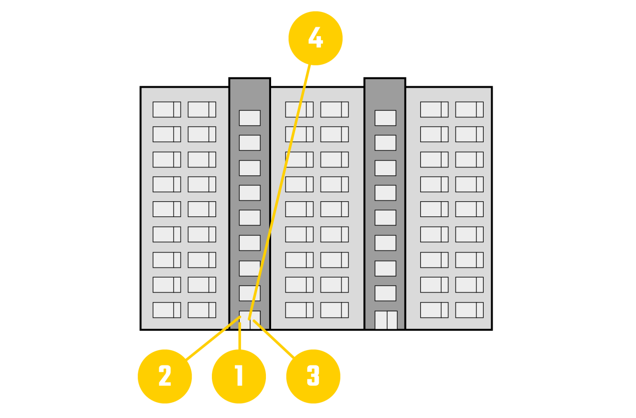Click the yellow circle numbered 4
[x=316, y=38]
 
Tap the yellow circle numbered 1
[x=239, y=376]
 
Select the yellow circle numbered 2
[x=165, y=376]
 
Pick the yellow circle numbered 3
[x=313, y=376]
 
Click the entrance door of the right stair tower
[x=386, y=320]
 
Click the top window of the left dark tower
[x=250, y=118]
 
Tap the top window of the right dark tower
[x=385, y=118]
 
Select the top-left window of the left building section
[x=167, y=110]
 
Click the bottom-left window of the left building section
[x=167, y=310]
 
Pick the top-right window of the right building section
[x=469, y=110]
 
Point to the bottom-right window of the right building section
[x=469, y=310]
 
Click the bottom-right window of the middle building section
[x=334, y=310]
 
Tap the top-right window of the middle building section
[x=334, y=110]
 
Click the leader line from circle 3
[x=274, y=339]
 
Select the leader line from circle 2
[x=213, y=338]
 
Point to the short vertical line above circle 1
[x=240, y=336]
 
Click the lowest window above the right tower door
[x=385, y=293]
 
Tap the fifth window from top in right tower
[x=385, y=218]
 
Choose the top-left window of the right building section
[x=434, y=110]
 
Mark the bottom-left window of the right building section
[x=434, y=310]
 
